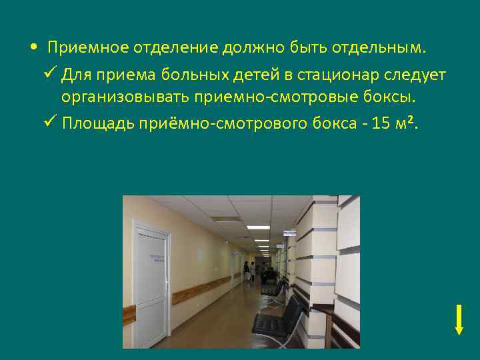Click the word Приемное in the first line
(x=88, y=49)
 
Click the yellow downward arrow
(x=459, y=319)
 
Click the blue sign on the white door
(x=157, y=258)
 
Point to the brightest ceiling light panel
(x=258, y=227)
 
